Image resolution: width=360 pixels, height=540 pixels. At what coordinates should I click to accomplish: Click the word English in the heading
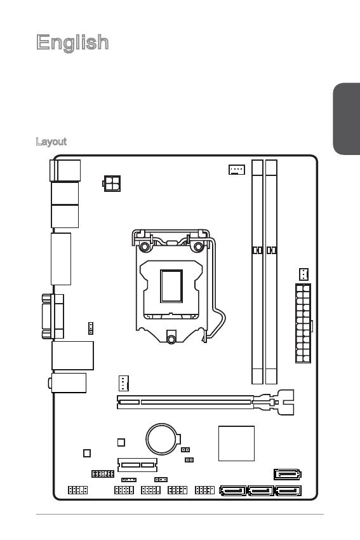[72, 43]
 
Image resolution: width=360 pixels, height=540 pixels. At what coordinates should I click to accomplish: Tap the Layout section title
[51, 142]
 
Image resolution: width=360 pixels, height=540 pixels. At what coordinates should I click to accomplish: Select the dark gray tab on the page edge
[347, 119]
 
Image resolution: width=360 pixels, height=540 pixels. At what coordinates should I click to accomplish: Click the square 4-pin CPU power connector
[112, 183]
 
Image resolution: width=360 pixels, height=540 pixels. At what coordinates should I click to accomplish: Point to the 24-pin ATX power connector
[303, 323]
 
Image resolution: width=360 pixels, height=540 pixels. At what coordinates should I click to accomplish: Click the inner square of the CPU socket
[171, 286]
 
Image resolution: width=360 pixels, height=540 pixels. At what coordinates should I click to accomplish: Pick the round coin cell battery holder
[163, 439]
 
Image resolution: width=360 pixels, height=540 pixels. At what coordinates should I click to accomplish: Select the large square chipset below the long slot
[236, 443]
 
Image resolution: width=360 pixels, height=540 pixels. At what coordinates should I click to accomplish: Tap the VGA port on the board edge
[53, 316]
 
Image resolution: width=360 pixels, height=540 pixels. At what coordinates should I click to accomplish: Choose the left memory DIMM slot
[257, 272]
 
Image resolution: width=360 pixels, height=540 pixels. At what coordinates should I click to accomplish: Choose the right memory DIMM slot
[271, 272]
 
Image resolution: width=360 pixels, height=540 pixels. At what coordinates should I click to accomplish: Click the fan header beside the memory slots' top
[237, 170]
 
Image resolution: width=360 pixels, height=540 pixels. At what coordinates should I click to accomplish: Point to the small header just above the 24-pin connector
[303, 274]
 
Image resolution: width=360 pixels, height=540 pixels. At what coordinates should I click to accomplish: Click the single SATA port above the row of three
[288, 474]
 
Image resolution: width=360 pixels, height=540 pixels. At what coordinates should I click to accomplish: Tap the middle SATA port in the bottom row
[261, 490]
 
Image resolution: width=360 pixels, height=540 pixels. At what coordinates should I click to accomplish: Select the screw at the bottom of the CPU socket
[171, 339]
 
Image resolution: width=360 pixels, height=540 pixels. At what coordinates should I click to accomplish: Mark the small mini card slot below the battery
[137, 464]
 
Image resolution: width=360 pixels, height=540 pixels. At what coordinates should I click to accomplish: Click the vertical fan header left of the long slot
[124, 383]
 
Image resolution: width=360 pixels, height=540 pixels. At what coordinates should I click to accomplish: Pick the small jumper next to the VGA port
[91, 328]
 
